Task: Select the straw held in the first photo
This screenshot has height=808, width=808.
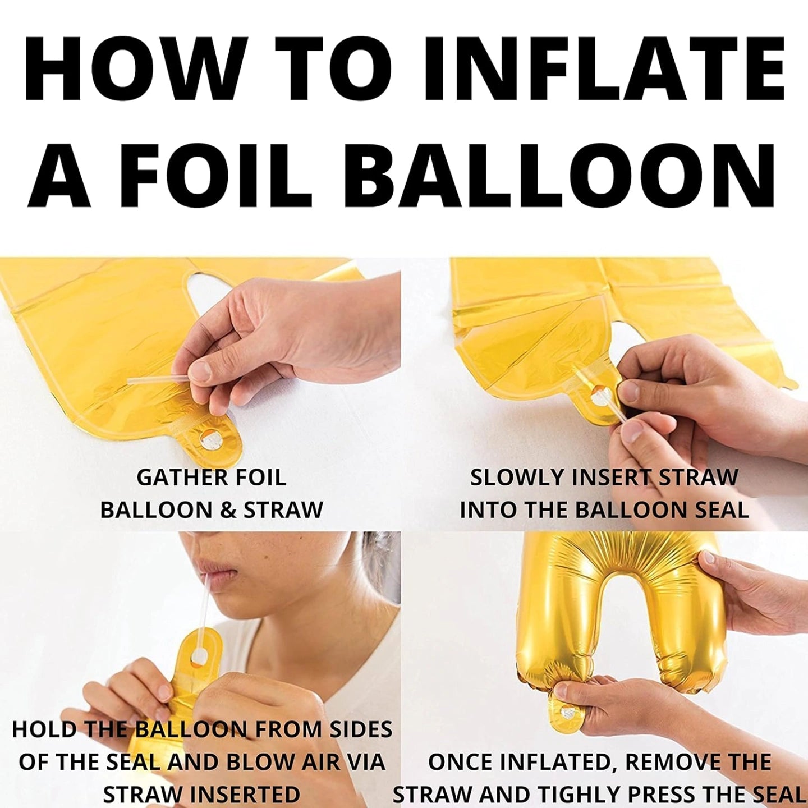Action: point(154,379)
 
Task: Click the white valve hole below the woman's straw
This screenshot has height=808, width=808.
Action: point(199,655)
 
